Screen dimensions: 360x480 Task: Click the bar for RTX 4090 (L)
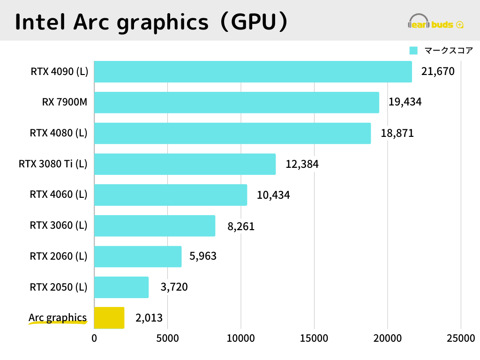point(253,72)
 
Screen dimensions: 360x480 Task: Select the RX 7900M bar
point(237,102)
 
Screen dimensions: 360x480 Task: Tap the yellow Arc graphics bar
point(109,318)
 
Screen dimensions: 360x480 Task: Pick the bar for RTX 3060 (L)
point(155,225)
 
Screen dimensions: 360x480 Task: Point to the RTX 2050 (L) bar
point(121,287)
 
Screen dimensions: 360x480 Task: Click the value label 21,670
point(438,72)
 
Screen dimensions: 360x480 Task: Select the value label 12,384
point(302,164)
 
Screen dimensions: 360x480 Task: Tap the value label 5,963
point(203,256)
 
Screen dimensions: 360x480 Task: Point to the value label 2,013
point(149,318)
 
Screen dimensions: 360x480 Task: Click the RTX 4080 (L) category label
point(59,133)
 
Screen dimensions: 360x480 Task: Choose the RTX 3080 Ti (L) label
point(53,164)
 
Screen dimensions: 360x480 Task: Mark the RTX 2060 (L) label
point(59,256)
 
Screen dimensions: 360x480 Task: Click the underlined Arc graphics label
point(58,318)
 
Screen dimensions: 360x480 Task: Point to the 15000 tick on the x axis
point(314,338)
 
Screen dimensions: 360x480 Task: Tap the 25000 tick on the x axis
point(460,338)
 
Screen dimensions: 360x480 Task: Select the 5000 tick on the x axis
point(168,338)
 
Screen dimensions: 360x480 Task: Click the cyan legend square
point(413,51)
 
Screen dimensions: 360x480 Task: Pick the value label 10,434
point(273,195)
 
